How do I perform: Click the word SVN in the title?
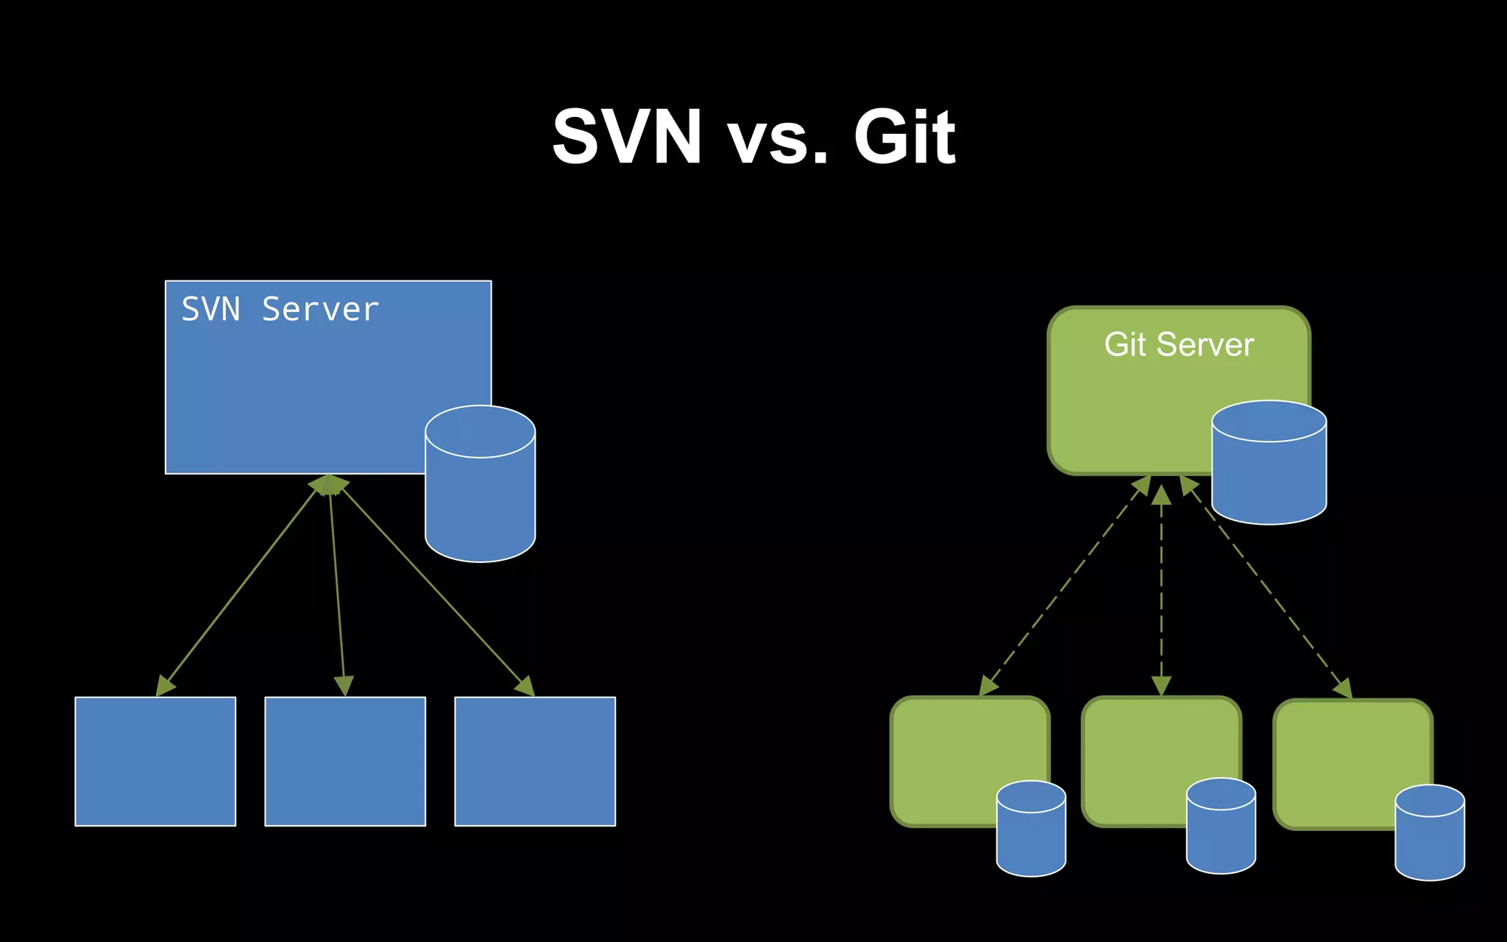click(626, 137)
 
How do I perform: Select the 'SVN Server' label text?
click(280, 309)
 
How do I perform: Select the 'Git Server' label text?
click(1179, 344)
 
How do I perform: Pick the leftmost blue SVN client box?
click(155, 761)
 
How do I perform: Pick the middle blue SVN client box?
click(345, 761)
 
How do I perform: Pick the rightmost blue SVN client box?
click(535, 761)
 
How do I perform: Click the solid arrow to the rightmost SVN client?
click(434, 589)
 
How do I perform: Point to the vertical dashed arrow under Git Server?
click(1161, 589)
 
